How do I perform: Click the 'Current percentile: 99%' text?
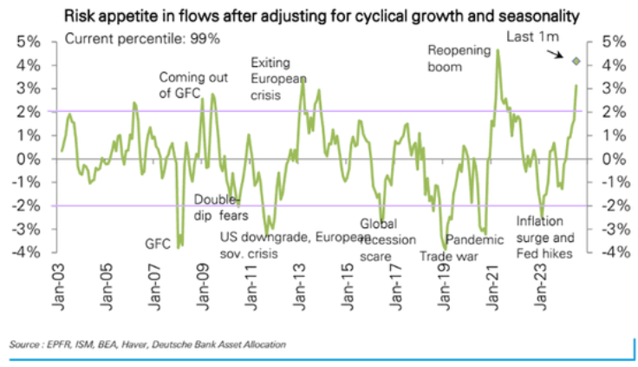coord(142,39)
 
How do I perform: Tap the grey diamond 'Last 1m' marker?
coord(576,60)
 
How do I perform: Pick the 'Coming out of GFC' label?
coord(192,85)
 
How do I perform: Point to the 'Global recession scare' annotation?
coord(384,239)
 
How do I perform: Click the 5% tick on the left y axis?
coord(29,42)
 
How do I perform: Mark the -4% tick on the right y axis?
coord(604,252)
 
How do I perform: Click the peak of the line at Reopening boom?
coord(498,50)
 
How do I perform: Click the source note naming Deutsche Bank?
coord(147,344)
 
